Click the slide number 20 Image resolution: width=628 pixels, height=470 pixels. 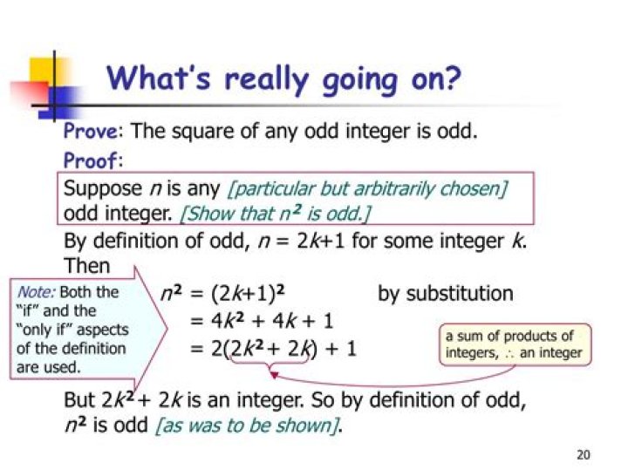pos(584,455)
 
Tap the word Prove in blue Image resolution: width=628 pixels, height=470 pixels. pos(91,131)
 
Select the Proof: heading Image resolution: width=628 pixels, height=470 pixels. pos(93,160)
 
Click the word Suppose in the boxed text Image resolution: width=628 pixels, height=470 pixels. pos(103,188)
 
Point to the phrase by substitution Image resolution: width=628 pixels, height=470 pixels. pos(446,294)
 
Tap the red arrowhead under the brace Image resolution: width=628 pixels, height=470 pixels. pos(274,375)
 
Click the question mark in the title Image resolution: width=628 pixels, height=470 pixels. pos(453,78)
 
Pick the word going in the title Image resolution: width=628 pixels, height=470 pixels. pos(360,80)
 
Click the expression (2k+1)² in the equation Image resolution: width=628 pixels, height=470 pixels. pos(248,294)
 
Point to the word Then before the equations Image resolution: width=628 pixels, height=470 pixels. pos(87,266)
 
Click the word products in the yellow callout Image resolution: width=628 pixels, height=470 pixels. pos(530,337)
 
